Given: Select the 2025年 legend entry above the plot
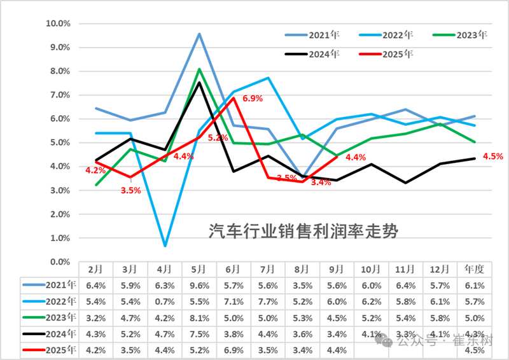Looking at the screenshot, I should click(398, 54).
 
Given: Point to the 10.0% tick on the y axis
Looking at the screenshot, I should click(58, 24).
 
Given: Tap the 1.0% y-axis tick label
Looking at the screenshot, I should click(59, 238).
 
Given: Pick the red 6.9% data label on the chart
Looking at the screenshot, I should click(252, 99).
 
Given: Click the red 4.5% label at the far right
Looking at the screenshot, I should click(493, 156).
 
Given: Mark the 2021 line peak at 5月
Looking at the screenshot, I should click(199, 34).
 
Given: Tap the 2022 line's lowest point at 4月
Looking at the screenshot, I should click(165, 246).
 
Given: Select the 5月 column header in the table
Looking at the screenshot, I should click(199, 269).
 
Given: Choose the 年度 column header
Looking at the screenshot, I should click(475, 269).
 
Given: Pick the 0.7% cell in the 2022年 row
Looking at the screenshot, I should click(165, 301).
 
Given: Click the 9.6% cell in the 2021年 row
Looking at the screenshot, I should click(199, 286).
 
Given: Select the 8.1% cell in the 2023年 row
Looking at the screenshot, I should click(199, 317).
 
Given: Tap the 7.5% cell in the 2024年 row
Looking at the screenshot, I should click(199, 333).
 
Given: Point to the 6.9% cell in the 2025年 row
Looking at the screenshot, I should click(234, 349).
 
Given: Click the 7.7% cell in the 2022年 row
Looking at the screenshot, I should click(268, 301).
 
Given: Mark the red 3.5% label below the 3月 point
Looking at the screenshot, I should click(131, 190).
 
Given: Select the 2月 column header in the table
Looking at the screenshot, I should click(96, 269).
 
